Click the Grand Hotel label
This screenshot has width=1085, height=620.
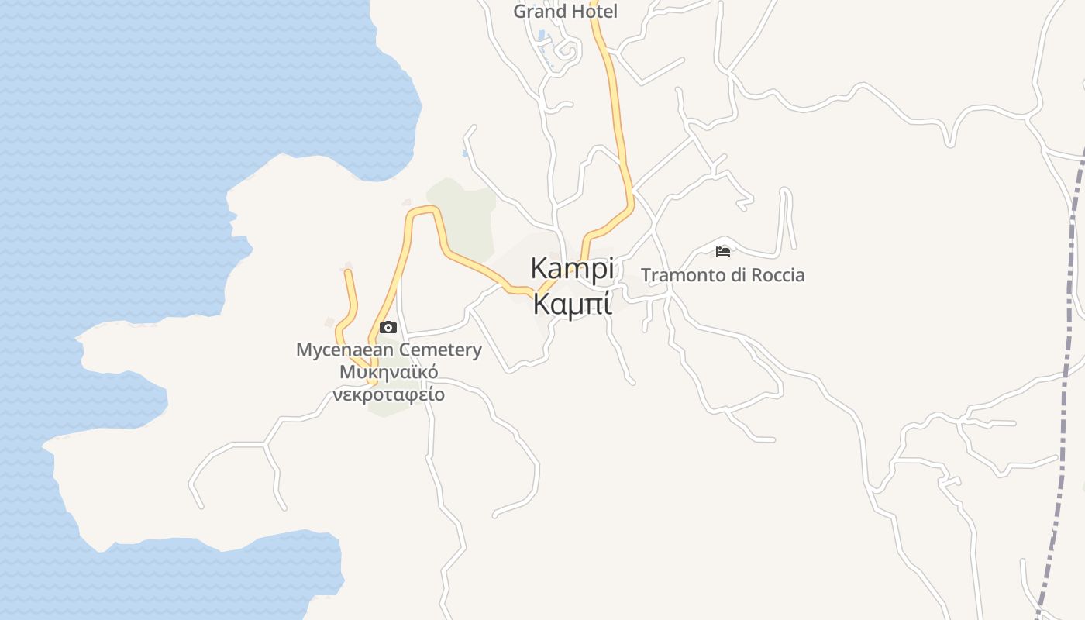click(x=565, y=12)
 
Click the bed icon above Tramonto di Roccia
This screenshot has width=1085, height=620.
click(x=723, y=251)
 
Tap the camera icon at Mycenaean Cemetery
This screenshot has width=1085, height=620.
click(x=388, y=327)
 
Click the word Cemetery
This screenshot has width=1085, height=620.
click(x=440, y=350)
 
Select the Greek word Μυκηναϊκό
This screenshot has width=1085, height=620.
click(x=388, y=372)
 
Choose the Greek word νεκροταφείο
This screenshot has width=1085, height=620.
click(x=388, y=394)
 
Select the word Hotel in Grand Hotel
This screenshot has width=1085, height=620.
click(x=594, y=12)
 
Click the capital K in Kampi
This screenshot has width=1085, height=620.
click(x=539, y=268)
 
